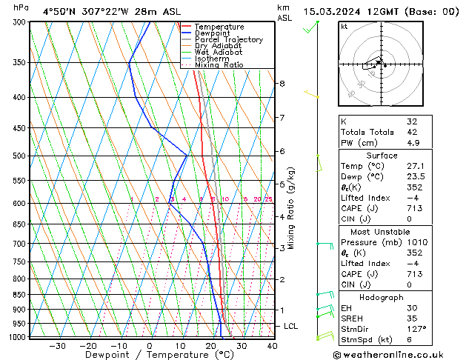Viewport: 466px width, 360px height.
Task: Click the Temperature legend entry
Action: tap(219, 27)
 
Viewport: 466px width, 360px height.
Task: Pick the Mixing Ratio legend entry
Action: tap(219, 65)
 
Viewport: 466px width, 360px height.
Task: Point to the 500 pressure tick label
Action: tap(20, 156)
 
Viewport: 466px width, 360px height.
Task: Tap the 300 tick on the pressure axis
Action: tap(20, 22)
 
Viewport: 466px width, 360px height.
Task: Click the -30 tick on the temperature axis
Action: tap(56, 346)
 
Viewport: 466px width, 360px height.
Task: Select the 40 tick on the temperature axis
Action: tap(272, 346)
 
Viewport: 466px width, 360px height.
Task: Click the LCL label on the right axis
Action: tap(291, 326)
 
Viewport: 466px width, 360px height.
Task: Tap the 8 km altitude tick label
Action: tap(282, 84)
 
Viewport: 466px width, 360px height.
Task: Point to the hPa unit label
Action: tap(21, 8)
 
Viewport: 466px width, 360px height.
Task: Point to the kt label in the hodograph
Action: tap(344, 27)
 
